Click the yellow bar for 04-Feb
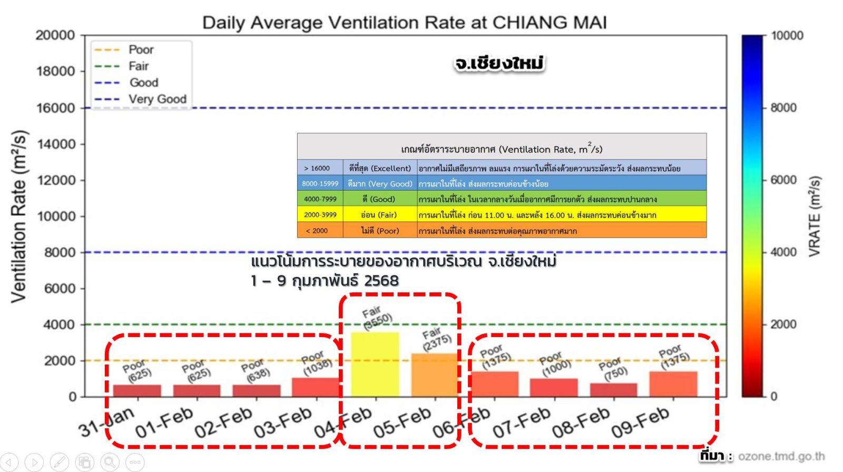[375, 364]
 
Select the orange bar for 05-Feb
[434, 375]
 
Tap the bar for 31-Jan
[137, 390]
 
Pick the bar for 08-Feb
[613, 390]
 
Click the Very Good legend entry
[157, 99]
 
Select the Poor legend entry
[141, 50]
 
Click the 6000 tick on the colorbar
[783, 180]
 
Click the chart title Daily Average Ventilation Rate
[404, 23]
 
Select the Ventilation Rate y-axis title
[19, 216]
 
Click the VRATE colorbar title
[815, 216]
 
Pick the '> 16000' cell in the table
[317, 168]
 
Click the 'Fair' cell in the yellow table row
[379, 215]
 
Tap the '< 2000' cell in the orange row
[317, 231]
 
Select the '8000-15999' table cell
[320, 183]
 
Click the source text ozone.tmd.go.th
[781, 456]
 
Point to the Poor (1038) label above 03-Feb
[316, 363]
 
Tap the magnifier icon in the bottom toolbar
[110, 463]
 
